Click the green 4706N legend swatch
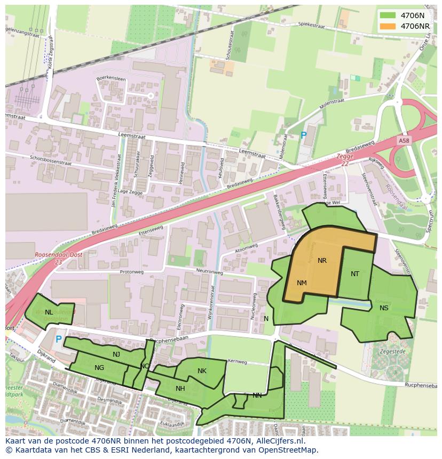pos(388,15)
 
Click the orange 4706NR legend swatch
pos(388,26)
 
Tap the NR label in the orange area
pos(322,261)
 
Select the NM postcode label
pos(302,283)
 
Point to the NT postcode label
pos(355,274)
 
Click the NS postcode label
pos(384,308)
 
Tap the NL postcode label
pos(49,312)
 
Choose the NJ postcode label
pos(116,355)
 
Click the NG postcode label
pos(99,368)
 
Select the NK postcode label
pos(202,371)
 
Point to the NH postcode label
pos(180,389)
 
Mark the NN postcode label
pos(257,396)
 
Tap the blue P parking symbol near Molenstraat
pos(303,136)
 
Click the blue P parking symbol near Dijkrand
pos(59,340)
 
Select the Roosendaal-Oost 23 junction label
pos(52,259)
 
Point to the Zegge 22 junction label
pos(345,160)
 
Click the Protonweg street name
pos(131,272)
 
